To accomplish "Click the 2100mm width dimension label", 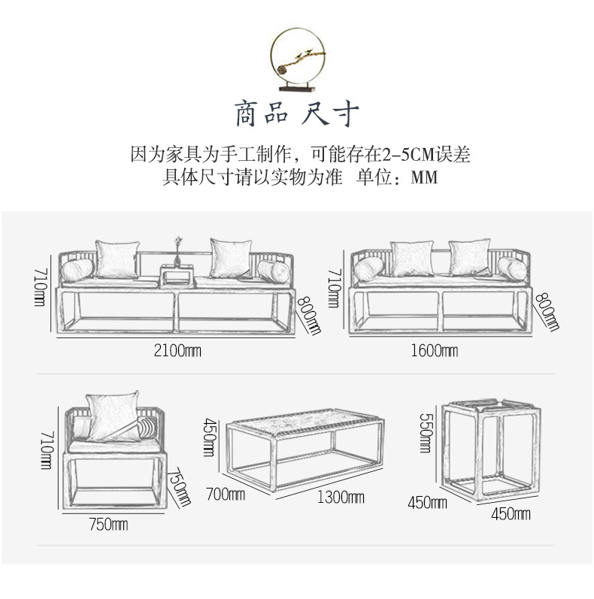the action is (x=178, y=350).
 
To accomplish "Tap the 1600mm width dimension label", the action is (x=435, y=350).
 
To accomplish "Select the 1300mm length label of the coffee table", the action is (x=341, y=498).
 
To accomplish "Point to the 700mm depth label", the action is (x=226, y=495).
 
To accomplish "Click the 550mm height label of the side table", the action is (x=425, y=434).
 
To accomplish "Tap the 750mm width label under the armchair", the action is (x=108, y=525).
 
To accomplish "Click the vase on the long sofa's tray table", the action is (x=178, y=252).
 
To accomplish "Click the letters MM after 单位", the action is (x=423, y=179).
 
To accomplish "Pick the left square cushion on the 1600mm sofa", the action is (x=411, y=258).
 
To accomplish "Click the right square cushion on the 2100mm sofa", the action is (x=229, y=258).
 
